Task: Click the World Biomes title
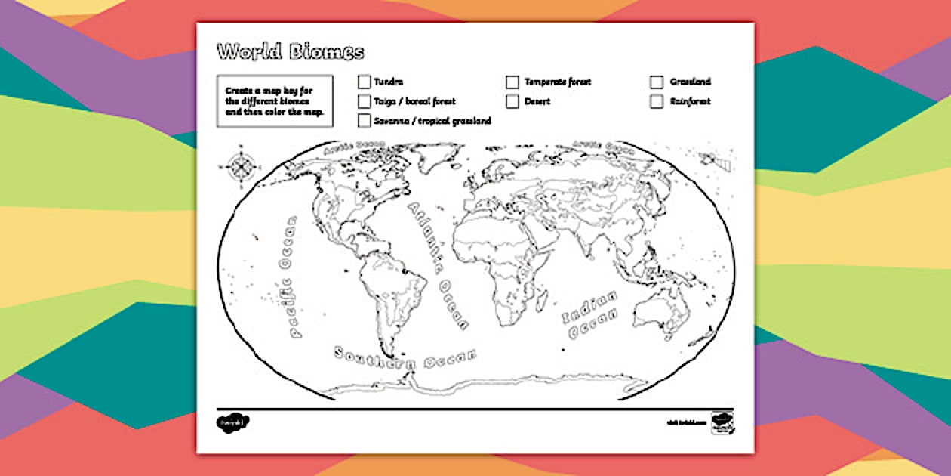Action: point(291,52)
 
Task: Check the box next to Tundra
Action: point(365,82)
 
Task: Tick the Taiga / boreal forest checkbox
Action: point(365,101)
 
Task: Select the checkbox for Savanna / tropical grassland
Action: point(365,121)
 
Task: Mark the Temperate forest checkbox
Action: point(512,82)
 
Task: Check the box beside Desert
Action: point(512,101)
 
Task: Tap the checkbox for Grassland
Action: point(657,82)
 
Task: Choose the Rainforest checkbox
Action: point(657,101)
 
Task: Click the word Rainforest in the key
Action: point(690,101)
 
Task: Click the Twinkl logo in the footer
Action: point(232,421)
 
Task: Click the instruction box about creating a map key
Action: point(274,101)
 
